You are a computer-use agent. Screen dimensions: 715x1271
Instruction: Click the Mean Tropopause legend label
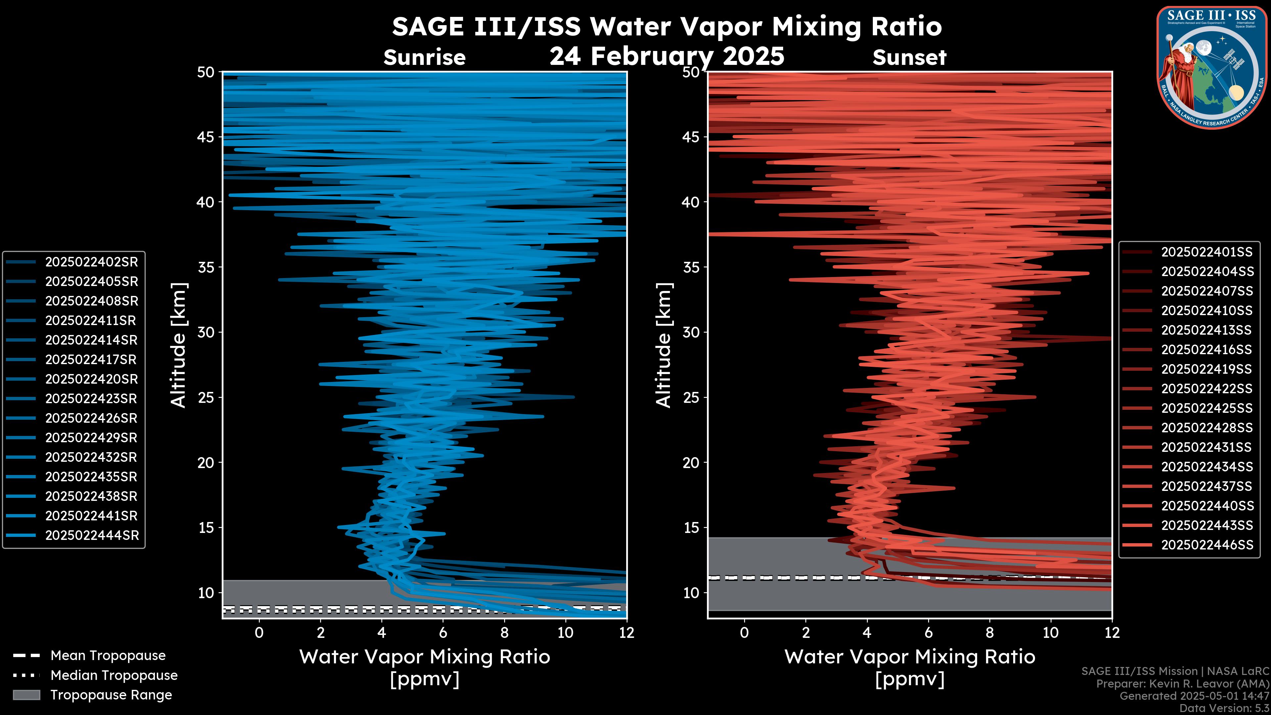click(x=108, y=656)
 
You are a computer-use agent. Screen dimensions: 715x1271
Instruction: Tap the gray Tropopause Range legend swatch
click(x=26, y=695)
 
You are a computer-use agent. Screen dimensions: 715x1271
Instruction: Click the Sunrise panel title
click(x=424, y=58)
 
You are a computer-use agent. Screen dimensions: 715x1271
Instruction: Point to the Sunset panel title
click(x=909, y=58)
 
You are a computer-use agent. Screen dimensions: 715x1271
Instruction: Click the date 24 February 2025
click(x=667, y=56)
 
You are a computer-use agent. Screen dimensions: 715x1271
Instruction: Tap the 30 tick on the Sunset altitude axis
click(x=691, y=333)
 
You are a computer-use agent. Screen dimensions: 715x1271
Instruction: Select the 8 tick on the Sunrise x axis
click(x=504, y=633)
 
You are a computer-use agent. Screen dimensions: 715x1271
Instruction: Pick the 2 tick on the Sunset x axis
click(x=806, y=633)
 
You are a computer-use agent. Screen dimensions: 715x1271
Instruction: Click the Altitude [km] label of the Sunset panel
click(x=664, y=345)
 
